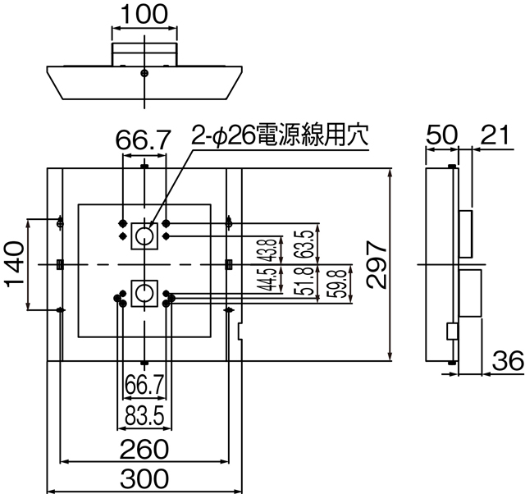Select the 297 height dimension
tap(376, 264)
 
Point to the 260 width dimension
tap(144, 449)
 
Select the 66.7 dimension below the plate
tap(144, 383)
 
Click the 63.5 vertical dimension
tap(305, 244)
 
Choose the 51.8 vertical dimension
tap(305, 281)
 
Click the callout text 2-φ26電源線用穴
tap(279, 135)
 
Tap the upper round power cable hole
tap(144, 236)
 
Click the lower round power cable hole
tap(144, 292)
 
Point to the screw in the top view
tap(144, 73)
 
